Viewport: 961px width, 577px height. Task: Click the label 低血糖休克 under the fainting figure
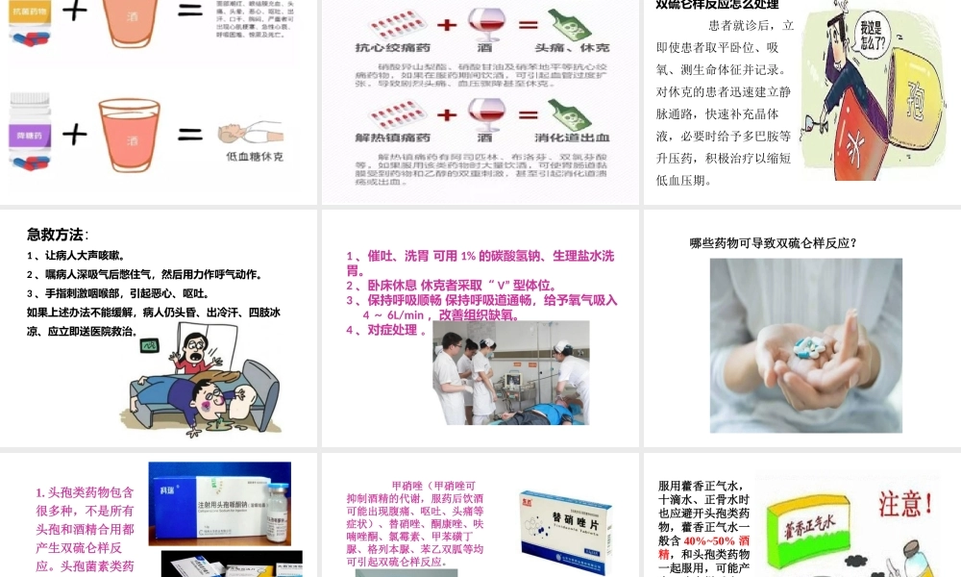255,156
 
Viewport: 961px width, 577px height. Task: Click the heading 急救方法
56,234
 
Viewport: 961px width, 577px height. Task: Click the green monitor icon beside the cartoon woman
148,350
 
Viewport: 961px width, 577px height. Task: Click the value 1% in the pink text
469,256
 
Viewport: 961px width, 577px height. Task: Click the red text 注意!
903,503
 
